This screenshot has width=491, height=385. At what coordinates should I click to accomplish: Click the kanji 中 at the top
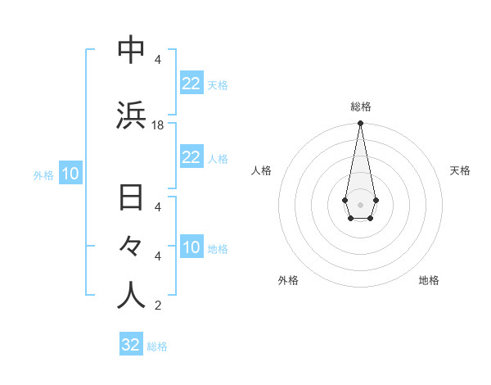(x=131, y=51)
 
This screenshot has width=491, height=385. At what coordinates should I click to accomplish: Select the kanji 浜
(x=131, y=115)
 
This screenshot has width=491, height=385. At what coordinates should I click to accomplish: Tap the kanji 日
(x=131, y=199)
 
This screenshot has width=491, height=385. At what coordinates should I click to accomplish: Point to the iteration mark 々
(x=131, y=247)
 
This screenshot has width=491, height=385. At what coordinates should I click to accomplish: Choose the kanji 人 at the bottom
(x=131, y=296)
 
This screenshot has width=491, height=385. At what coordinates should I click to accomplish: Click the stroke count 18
(x=158, y=125)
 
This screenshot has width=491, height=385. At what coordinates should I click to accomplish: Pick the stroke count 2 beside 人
(x=158, y=306)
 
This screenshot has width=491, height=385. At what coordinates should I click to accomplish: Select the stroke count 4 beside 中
(x=158, y=60)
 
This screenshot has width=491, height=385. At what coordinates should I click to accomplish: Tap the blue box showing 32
(x=131, y=344)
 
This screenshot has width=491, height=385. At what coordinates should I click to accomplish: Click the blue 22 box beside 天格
(x=191, y=83)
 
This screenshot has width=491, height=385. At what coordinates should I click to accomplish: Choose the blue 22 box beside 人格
(x=191, y=157)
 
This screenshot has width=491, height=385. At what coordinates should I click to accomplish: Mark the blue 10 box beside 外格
(x=70, y=174)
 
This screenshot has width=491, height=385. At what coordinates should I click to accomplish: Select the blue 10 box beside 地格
(x=191, y=247)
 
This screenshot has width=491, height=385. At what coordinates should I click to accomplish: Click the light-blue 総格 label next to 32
(x=158, y=346)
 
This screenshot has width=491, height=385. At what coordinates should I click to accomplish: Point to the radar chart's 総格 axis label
(x=360, y=106)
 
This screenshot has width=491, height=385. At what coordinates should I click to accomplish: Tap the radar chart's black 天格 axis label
(x=460, y=170)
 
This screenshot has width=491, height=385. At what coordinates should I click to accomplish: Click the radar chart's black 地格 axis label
(x=429, y=280)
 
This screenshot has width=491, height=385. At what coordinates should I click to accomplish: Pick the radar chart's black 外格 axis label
(x=288, y=280)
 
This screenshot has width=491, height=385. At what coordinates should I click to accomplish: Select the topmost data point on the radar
(x=360, y=124)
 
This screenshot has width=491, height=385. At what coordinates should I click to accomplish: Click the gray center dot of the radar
(x=360, y=203)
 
